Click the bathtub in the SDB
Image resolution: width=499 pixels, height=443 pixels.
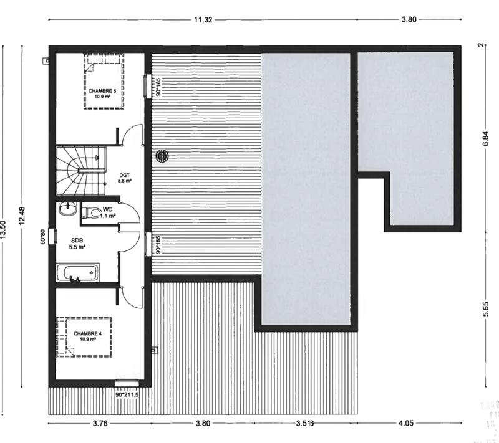click(77, 272)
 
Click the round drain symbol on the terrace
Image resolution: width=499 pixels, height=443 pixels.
click(162, 156)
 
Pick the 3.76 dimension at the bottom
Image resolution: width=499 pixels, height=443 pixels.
click(100, 424)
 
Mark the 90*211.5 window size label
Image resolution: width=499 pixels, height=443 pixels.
click(127, 394)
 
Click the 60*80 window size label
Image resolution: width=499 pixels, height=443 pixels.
click(43, 236)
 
